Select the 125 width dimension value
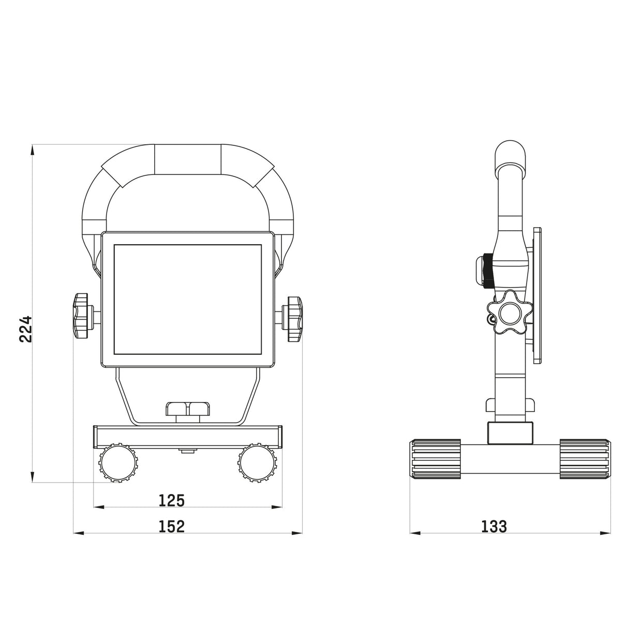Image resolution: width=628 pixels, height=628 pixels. point(172,501)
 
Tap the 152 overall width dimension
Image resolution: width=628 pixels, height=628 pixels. point(172,527)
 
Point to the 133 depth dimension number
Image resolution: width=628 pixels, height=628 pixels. point(494,527)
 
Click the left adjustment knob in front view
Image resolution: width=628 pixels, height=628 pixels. point(81,317)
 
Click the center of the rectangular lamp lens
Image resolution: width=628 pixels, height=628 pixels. point(187,299)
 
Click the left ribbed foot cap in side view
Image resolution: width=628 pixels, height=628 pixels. point(435,459)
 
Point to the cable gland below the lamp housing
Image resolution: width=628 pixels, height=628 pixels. point(188,410)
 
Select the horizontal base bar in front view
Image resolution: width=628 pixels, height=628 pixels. point(188,436)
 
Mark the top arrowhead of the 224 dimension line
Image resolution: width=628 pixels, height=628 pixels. point(32,149)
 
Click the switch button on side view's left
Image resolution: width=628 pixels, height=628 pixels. point(481,270)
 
